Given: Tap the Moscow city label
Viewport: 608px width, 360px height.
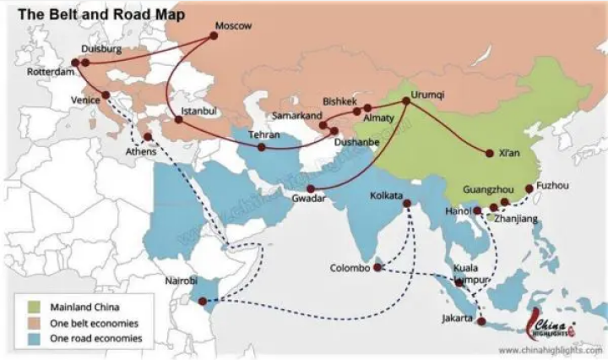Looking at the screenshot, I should pyautogui.click(x=234, y=26).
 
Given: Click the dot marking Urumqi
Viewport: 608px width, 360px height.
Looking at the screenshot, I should pyautogui.click(x=406, y=101).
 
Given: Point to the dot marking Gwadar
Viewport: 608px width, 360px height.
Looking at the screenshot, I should pyautogui.click(x=311, y=188).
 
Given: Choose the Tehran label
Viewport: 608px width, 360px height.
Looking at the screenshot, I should pyautogui.click(x=263, y=134).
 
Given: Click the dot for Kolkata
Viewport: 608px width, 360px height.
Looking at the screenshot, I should pyautogui.click(x=405, y=204).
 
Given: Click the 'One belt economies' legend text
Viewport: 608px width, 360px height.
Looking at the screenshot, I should pyautogui.click(x=95, y=323).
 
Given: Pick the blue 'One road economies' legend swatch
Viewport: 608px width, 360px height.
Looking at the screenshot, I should pyautogui.click(x=35, y=338).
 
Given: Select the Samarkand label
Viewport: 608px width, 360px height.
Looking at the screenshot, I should pyautogui.click(x=297, y=115).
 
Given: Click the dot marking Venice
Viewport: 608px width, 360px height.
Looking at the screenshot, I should pyautogui.click(x=106, y=95).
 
